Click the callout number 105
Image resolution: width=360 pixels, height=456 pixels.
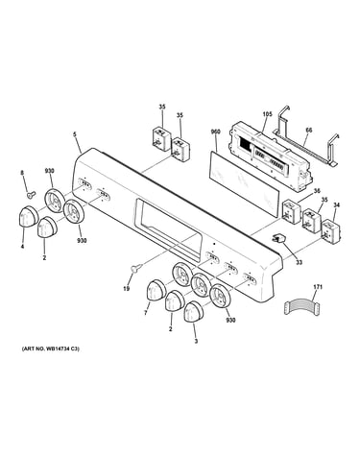tap(267, 114)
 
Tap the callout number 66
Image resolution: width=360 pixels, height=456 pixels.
tap(309, 131)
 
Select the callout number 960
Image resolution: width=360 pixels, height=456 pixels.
tap(215, 132)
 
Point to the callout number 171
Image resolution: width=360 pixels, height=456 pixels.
tap(318, 287)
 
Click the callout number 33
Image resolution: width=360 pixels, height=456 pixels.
tap(299, 263)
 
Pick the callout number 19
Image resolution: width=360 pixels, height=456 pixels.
tap(127, 289)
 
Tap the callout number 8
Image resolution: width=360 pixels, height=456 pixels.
tap(22, 173)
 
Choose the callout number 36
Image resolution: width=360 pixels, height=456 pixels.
tap(317, 191)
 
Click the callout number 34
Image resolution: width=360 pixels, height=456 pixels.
tap(336, 204)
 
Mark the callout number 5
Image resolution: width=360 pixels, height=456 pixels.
tap(75, 134)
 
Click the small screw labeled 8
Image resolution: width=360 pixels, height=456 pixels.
tap(31, 194)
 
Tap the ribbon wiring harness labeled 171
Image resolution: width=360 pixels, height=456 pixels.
tap(300, 307)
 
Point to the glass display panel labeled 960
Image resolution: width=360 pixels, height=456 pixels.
tap(244, 184)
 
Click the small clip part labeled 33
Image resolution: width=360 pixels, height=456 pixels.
tap(277, 238)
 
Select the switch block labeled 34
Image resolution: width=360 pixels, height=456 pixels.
tap(330, 229)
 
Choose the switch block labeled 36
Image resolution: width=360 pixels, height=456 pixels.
tap(291, 211)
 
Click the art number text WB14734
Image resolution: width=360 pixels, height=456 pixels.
tap(57, 348)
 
